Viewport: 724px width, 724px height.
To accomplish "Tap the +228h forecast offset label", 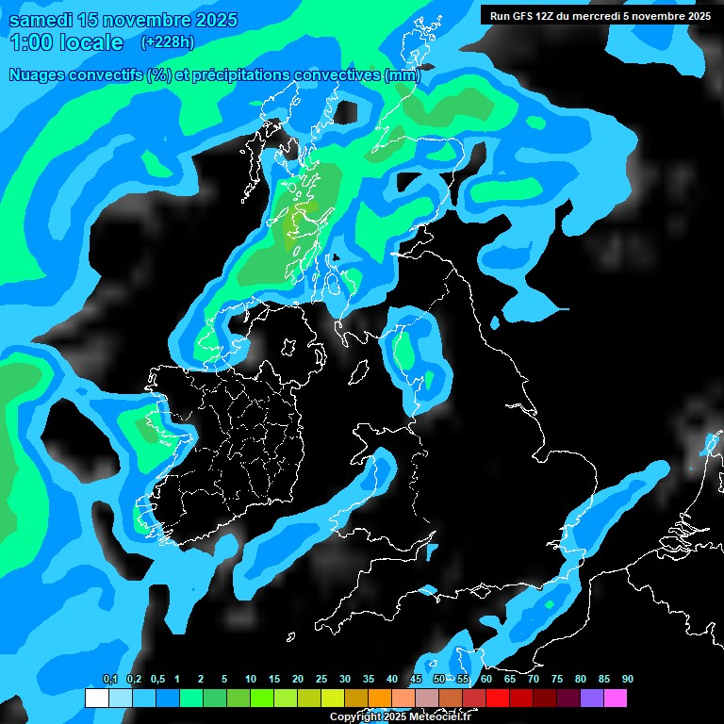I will [x=168, y=42].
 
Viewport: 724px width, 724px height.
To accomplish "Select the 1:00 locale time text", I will [x=65, y=42].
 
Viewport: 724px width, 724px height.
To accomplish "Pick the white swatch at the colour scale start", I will [x=96, y=699].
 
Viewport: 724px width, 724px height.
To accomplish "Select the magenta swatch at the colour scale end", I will [x=615, y=699].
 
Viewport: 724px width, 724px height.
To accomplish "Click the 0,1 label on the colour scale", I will [x=110, y=680].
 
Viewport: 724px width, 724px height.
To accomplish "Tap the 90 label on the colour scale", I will [x=628, y=680].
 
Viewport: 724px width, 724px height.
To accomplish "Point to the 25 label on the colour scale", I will [x=321, y=680].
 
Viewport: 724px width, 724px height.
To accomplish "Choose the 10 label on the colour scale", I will [x=251, y=680].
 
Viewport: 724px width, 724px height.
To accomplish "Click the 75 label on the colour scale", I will [x=557, y=680].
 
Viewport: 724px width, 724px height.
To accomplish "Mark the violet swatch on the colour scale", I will [x=591, y=699].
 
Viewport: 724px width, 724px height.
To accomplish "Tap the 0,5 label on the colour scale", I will [x=157, y=680].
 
